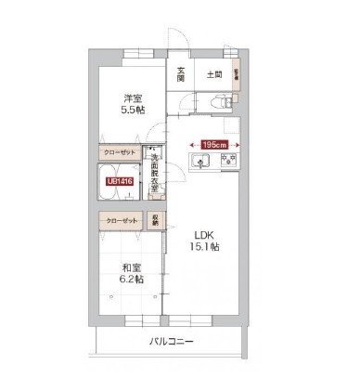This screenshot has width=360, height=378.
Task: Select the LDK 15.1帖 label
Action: coord(205,240)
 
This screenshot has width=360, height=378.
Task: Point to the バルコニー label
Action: coord(172,343)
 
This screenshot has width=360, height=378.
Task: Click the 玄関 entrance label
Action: coord(181,74)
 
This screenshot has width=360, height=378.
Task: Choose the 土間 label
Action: coord(212,73)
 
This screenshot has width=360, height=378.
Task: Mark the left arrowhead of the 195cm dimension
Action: coord(191,144)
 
